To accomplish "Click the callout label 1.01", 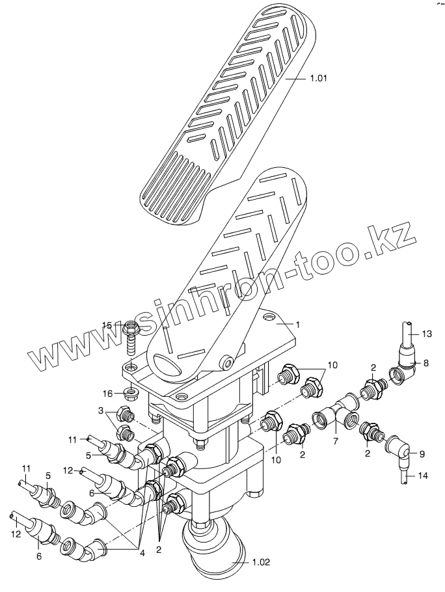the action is tap(318, 79).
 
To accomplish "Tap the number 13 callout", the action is tap(426, 334).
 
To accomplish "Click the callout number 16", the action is tap(108, 392).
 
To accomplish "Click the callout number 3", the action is tap(102, 410).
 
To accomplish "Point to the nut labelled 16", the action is tap(129, 393).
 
